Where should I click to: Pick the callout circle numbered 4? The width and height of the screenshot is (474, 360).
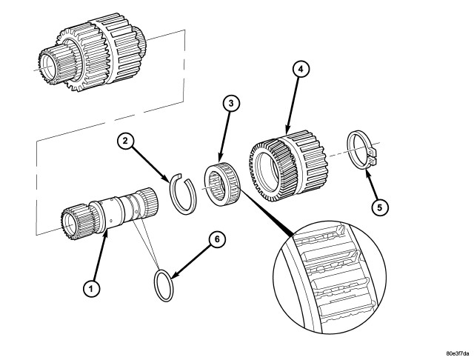click(300, 70)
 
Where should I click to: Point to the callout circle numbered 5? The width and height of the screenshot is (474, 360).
click(378, 207)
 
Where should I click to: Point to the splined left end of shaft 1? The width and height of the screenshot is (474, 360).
click(74, 221)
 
